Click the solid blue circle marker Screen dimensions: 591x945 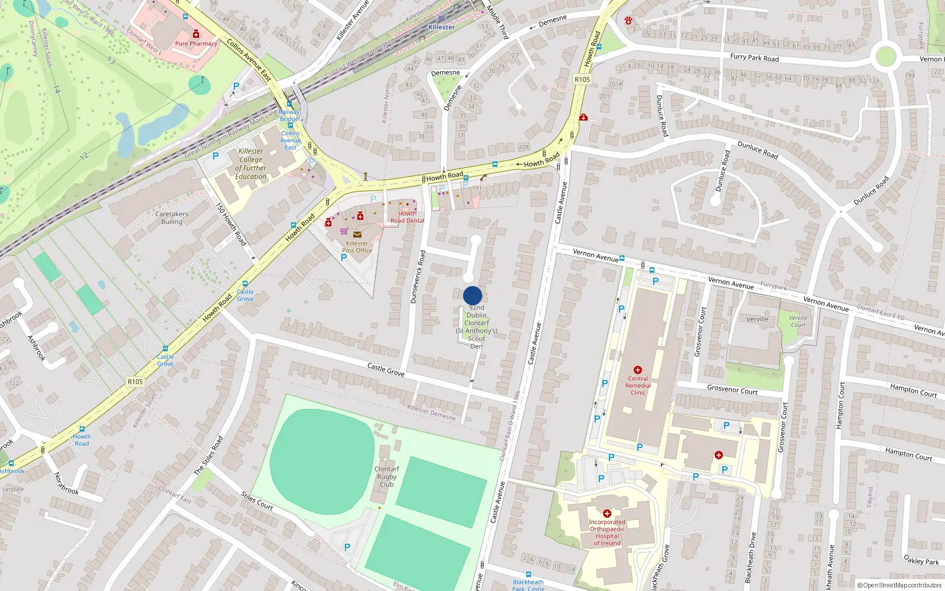point(472,295)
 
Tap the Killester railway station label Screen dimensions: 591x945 point(441,27)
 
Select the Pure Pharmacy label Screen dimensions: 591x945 point(196,43)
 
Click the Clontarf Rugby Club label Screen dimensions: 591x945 point(387,476)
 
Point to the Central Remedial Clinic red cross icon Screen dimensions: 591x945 point(638,370)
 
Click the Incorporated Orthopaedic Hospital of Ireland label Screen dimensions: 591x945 point(607,532)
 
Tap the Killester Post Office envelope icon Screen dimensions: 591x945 point(357,235)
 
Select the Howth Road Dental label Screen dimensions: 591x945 point(407,217)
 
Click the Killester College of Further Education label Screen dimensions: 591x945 point(251,164)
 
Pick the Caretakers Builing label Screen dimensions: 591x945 point(171,218)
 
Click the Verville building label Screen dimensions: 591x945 point(757,319)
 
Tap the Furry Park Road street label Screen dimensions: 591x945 point(754,57)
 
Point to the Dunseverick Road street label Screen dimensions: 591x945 point(418,277)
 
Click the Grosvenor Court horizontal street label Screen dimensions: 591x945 point(732,390)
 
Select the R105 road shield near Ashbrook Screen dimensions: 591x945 point(135,382)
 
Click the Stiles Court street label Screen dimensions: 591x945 point(257,501)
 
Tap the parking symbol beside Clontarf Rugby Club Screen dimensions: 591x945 point(347,547)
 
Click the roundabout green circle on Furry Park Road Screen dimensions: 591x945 point(885,57)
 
